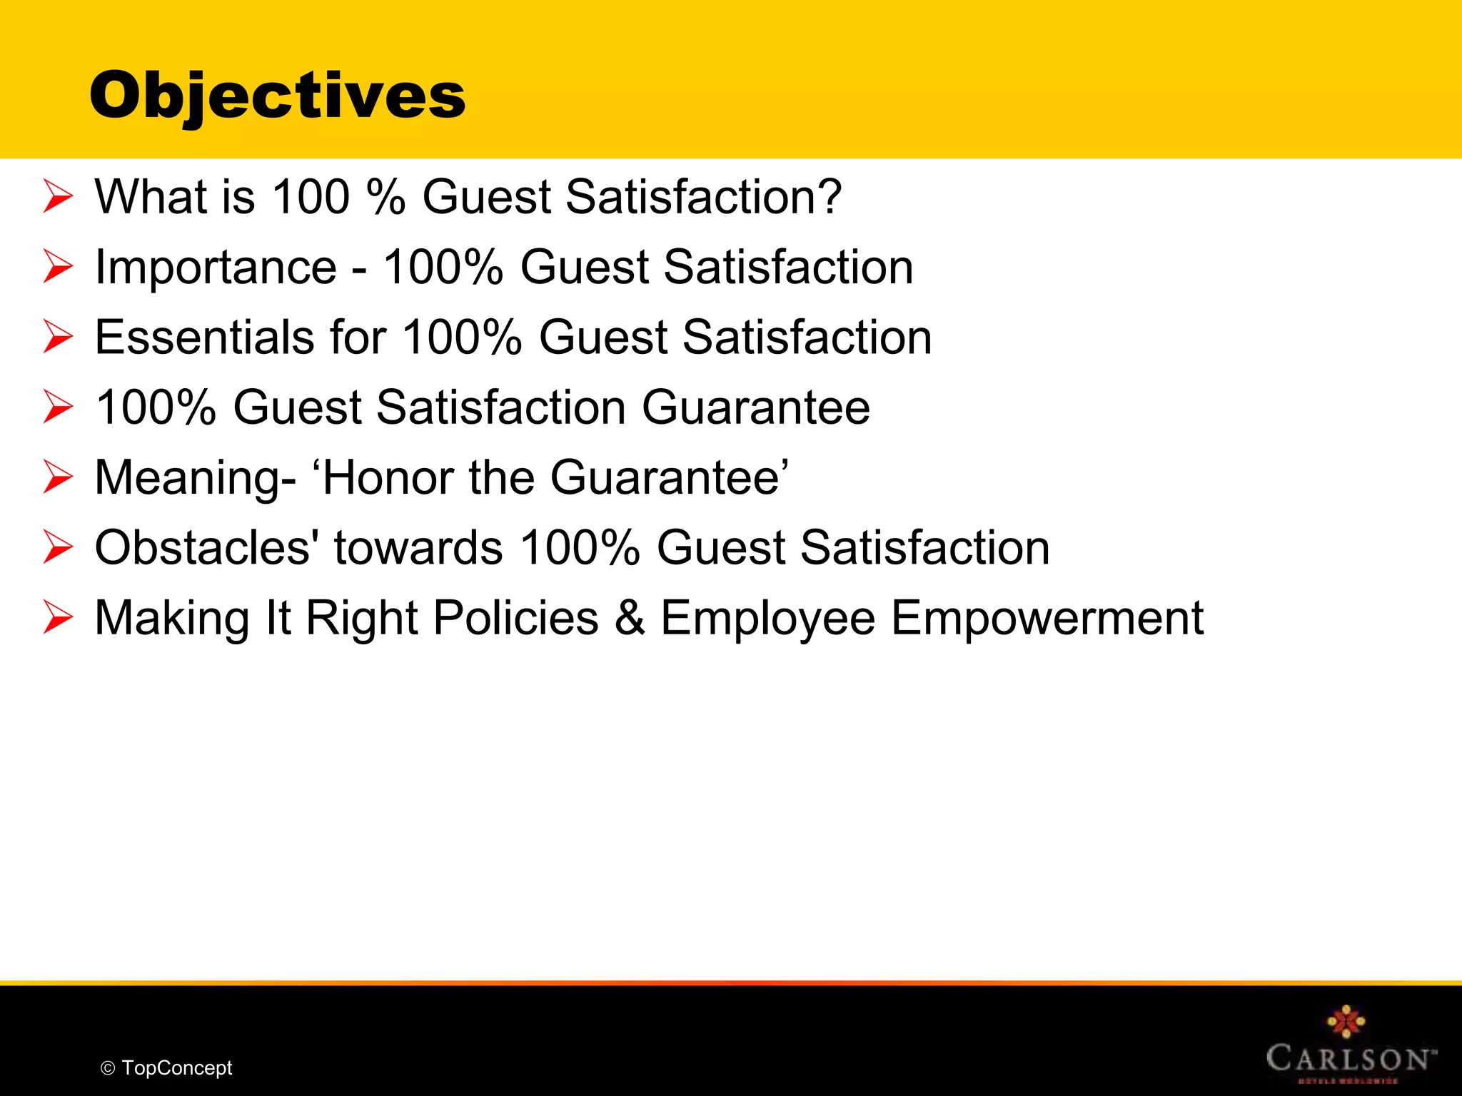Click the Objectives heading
click(x=277, y=96)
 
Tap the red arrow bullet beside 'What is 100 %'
click(x=58, y=196)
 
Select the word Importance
click(x=216, y=267)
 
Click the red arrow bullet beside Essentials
click(x=58, y=337)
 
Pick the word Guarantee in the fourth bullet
click(x=756, y=407)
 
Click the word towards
click(x=418, y=547)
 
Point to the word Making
click(x=172, y=618)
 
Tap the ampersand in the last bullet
click(x=630, y=618)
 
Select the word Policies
click(x=516, y=618)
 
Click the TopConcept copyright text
click(x=176, y=1068)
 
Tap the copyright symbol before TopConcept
click(x=108, y=1069)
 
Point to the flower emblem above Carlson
click(x=1346, y=1021)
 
